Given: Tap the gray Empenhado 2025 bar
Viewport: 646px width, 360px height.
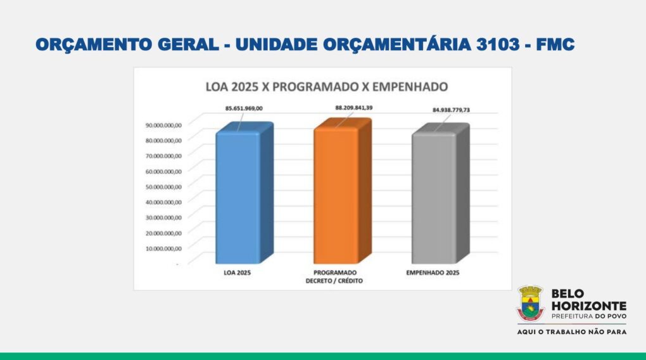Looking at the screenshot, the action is click(440, 194).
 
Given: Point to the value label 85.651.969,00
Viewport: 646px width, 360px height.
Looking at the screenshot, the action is click(244, 108).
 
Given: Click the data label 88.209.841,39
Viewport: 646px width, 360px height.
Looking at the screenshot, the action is click(354, 108).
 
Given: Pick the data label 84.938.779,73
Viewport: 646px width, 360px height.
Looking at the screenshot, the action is click(451, 110).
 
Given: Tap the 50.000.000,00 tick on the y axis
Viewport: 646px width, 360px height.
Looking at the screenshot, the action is click(163, 187).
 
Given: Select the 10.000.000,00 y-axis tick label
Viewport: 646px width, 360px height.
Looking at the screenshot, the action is click(163, 248).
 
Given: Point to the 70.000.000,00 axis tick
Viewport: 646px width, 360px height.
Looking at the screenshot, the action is click(163, 156).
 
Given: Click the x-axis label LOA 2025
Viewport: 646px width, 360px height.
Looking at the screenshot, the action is click(237, 273).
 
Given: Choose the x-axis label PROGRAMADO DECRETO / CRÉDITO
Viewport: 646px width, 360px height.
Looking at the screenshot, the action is click(334, 277).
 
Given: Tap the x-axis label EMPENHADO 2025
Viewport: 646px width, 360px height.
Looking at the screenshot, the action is click(433, 273).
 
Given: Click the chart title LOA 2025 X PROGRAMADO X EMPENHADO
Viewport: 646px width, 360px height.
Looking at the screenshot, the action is click(327, 87).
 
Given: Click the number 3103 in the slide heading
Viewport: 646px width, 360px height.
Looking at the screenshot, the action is click(498, 44).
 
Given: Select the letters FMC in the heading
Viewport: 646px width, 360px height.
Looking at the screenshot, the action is click(555, 44).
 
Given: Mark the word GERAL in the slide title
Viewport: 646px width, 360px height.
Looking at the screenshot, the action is click(188, 44).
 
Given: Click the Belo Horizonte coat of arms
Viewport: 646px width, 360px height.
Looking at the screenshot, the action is click(531, 304).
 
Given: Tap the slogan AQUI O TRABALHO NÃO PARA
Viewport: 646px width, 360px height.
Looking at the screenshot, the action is click(572, 331).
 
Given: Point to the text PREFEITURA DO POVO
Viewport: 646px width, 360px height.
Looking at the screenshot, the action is click(589, 316).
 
